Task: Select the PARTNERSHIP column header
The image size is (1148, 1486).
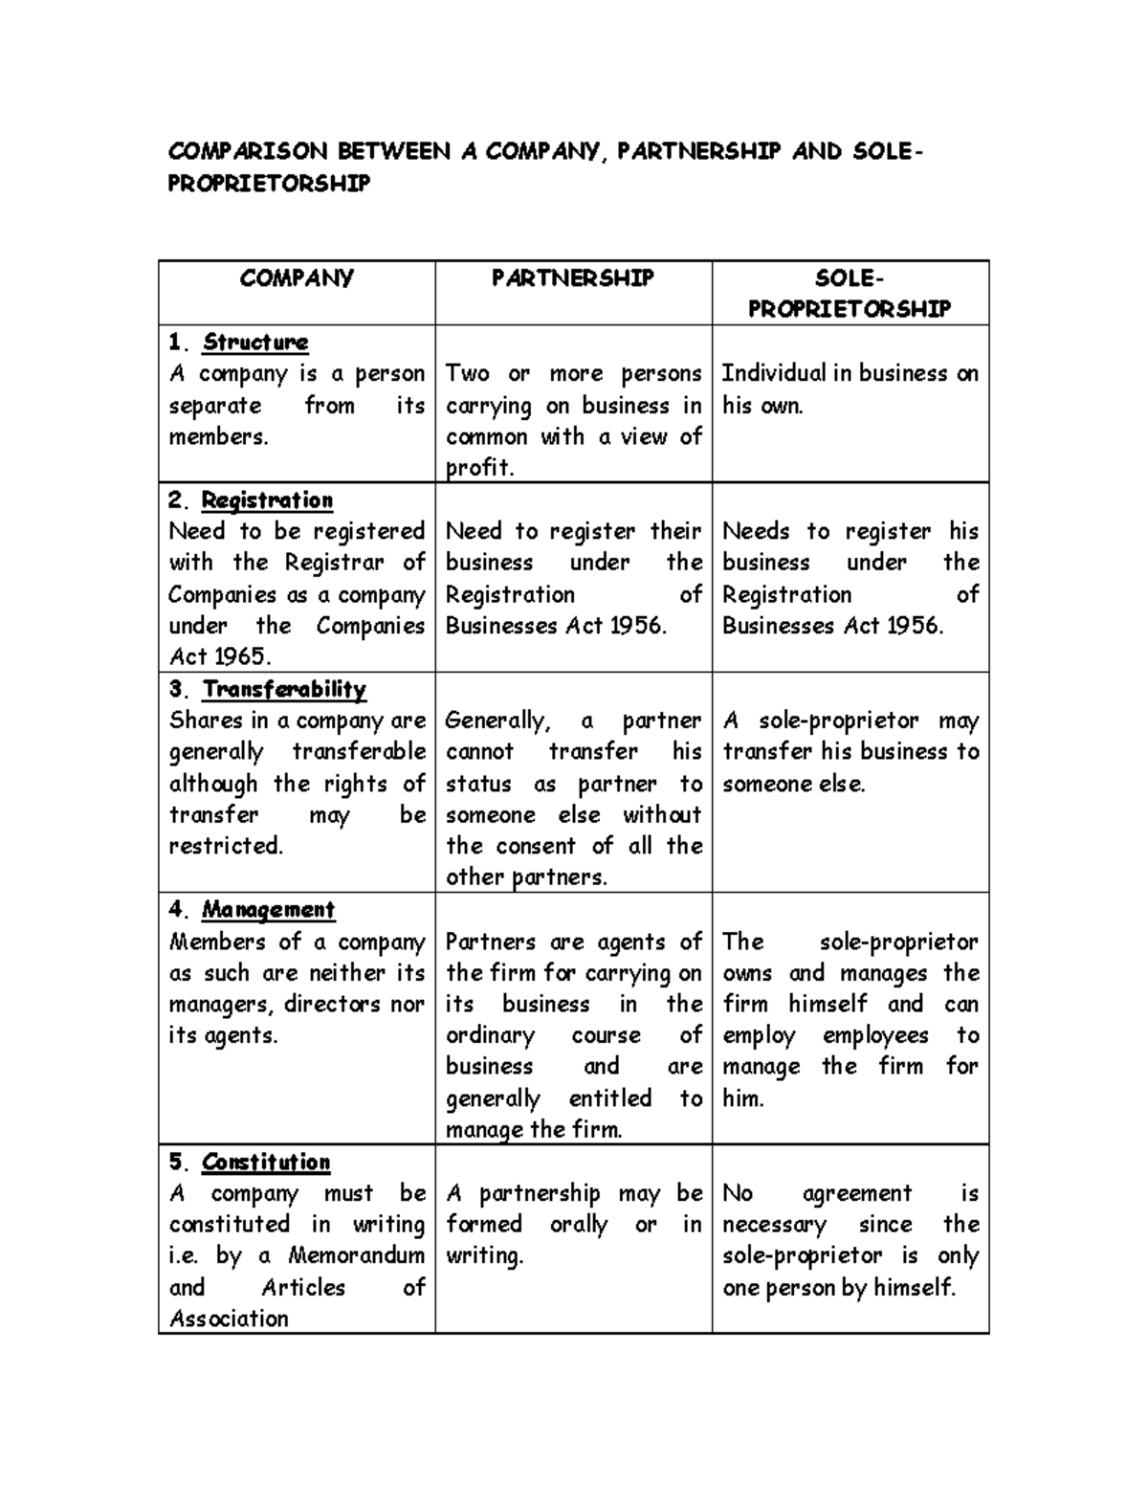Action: coord(572,277)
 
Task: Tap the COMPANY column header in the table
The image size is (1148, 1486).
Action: coord(297,277)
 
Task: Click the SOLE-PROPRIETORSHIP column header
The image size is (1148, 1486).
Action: coord(850,293)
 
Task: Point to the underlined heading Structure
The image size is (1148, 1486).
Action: coord(255,342)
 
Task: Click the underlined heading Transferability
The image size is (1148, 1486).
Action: coord(284,689)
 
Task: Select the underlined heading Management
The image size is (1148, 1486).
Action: coord(268,909)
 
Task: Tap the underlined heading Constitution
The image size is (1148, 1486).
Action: coord(266,1162)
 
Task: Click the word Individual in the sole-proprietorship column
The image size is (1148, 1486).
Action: coord(773,373)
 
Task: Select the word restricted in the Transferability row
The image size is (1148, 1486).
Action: coord(226,846)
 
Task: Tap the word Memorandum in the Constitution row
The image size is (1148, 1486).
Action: coord(356,1255)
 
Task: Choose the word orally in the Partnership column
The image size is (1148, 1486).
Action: coord(578,1225)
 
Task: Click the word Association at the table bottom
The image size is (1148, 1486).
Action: coord(229,1319)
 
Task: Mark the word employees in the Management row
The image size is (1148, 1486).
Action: coord(875,1035)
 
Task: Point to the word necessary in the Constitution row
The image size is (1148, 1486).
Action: coord(774,1225)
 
